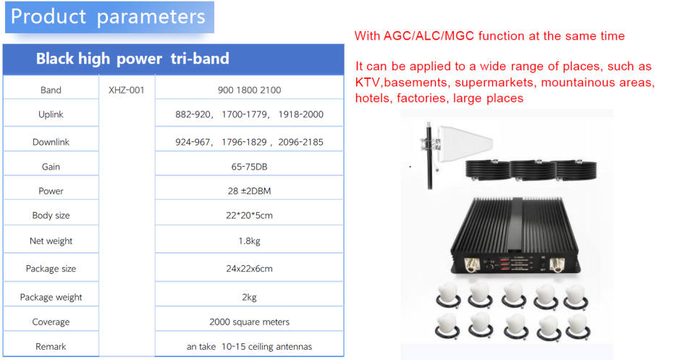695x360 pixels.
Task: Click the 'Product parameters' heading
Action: point(109,17)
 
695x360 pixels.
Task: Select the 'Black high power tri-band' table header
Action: point(132,59)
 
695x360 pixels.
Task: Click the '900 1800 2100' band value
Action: point(249,90)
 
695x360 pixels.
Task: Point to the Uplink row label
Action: point(51,114)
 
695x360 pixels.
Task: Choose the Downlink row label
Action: point(51,142)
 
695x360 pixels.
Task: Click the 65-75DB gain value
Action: point(249,167)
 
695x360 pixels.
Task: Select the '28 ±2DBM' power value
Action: point(249,191)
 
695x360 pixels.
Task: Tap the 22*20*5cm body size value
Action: point(249,215)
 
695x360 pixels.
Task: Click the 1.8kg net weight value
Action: point(249,240)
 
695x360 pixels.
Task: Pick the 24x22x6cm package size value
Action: point(249,268)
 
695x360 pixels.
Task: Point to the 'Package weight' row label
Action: point(51,297)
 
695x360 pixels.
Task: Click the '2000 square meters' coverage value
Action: point(249,322)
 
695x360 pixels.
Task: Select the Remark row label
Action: point(51,346)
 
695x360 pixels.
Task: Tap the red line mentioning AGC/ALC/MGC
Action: point(489,35)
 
